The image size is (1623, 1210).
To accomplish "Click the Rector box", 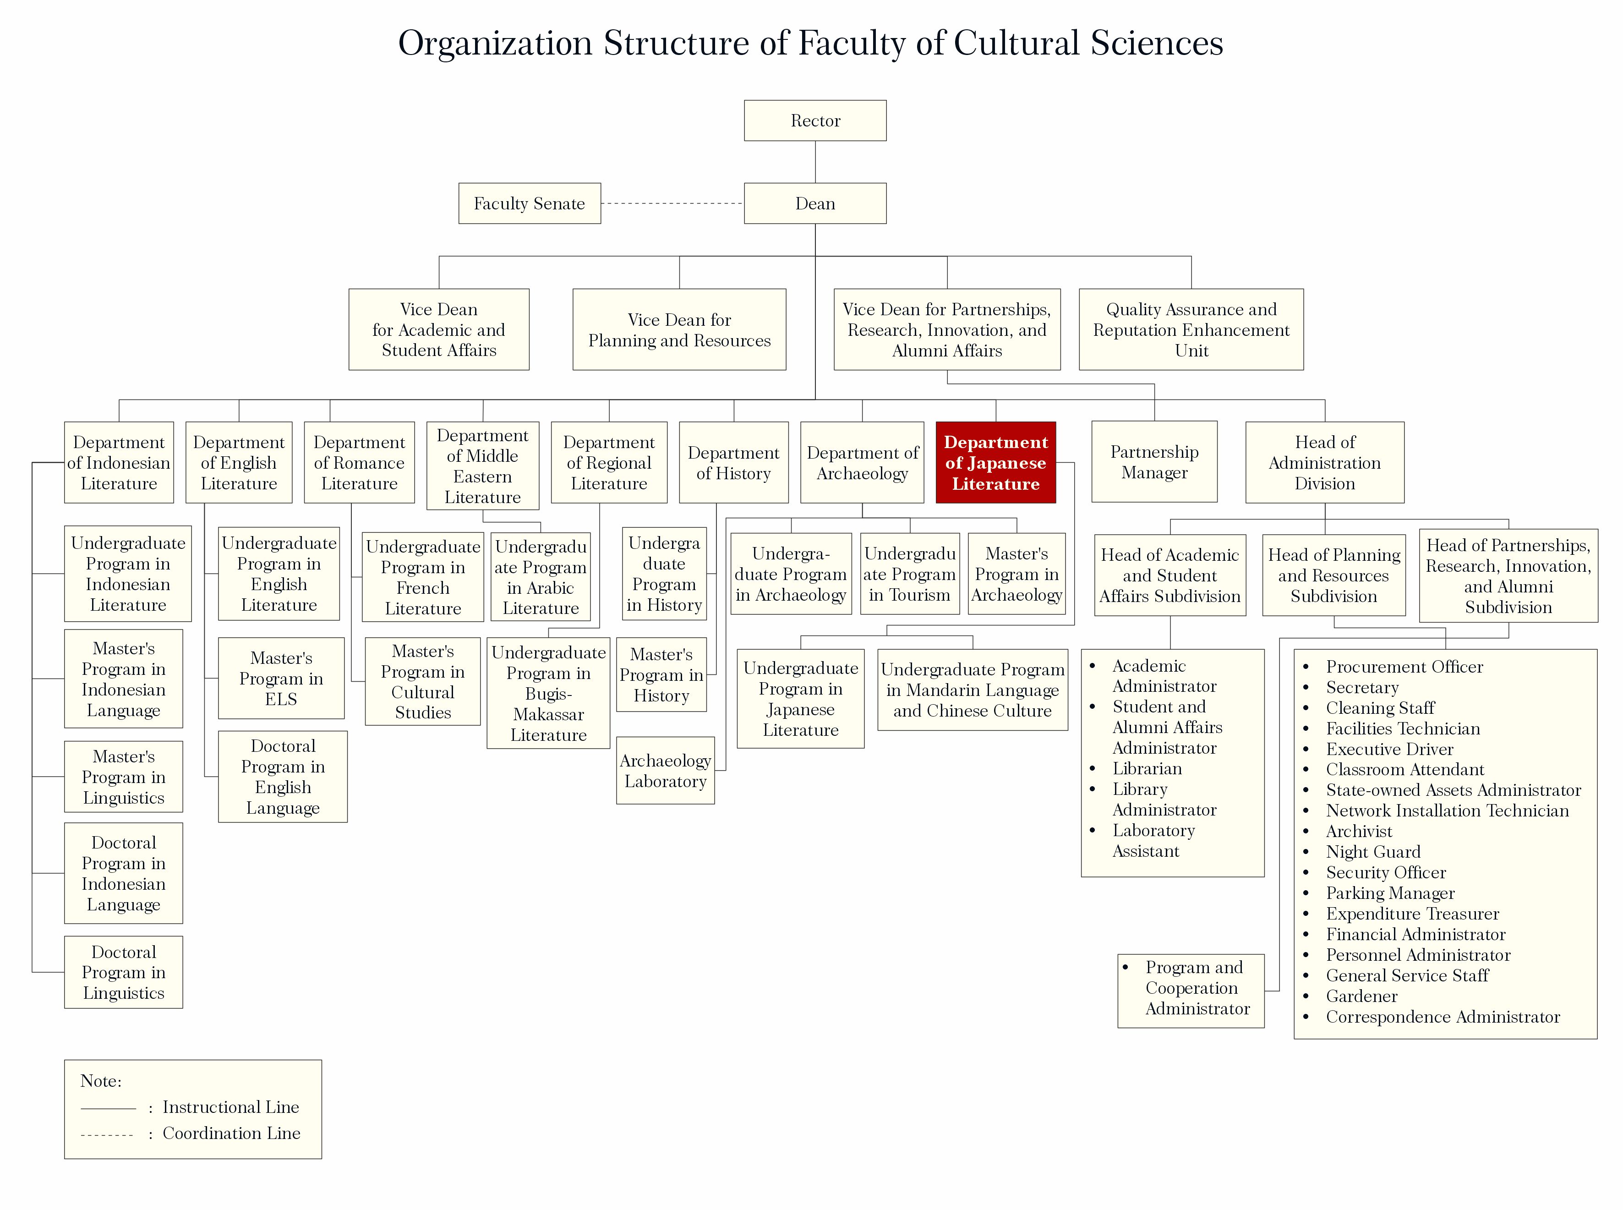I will [x=815, y=121].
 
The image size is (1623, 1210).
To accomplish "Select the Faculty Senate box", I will [x=530, y=203].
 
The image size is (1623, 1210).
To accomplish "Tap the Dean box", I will [x=815, y=203].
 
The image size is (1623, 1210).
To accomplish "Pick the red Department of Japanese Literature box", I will [x=995, y=463].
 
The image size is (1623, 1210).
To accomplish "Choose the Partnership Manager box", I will [x=1154, y=462].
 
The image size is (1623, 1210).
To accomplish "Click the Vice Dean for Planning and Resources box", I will [x=679, y=329].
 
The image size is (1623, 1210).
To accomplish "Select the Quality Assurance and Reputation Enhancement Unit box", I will [x=1191, y=329].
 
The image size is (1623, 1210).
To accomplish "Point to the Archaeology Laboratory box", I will [x=665, y=771].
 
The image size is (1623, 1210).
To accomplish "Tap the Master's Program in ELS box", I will [x=281, y=678].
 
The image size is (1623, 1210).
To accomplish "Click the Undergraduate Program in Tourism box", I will [x=910, y=574].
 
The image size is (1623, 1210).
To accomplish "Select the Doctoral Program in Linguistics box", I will [x=124, y=973].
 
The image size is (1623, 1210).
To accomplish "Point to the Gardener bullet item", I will [x=1361, y=996].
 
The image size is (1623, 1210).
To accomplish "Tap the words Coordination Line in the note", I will [x=231, y=1134].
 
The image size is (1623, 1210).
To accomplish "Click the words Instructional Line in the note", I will [x=231, y=1107].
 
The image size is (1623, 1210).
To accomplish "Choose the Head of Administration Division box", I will [x=1324, y=463].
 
